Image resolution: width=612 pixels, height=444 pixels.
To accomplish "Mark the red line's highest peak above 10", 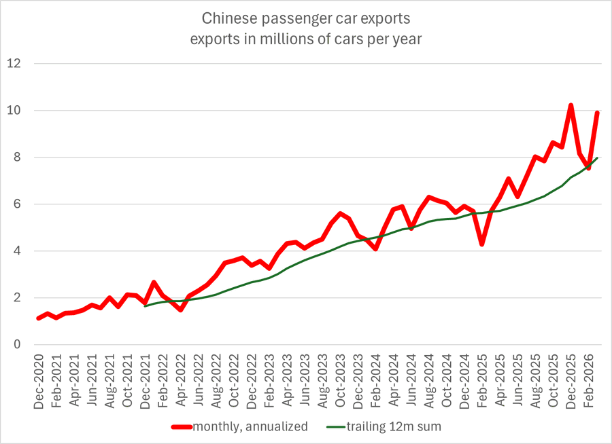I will tap(571, 106).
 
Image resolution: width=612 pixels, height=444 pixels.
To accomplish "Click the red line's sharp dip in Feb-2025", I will tap(482, 244).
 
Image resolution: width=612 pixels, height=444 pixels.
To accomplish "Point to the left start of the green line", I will tap(146, 306).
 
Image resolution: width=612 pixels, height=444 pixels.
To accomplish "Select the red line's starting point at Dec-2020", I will tap(39, 318).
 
